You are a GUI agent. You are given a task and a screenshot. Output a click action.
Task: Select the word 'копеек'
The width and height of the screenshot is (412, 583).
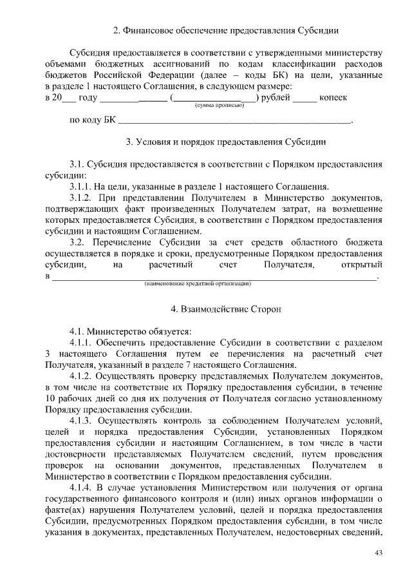click(333, 97)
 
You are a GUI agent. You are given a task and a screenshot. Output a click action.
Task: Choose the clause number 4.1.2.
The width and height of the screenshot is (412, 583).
click(82, 376)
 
